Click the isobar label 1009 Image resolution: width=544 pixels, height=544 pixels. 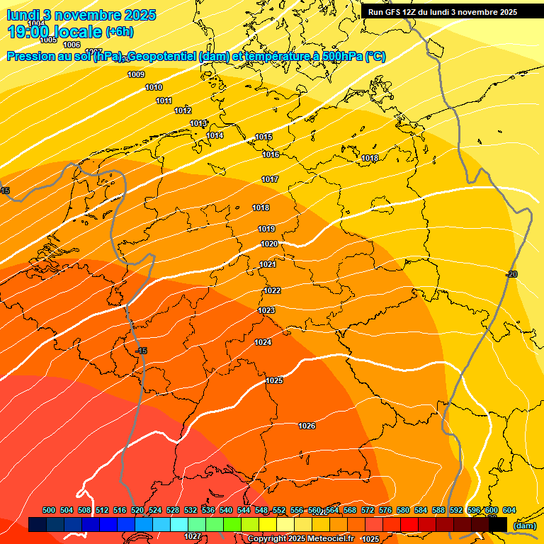click(x=136, y=74)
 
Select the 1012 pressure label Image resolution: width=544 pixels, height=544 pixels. click(x=183, y=110)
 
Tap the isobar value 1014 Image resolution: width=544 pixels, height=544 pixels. click(x=215, y=135)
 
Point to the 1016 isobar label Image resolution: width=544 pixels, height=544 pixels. click(x=271, y=154)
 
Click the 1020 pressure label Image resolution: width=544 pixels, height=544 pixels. click(x=269, y=244)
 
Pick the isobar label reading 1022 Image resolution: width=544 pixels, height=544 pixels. click(x=272, y=290)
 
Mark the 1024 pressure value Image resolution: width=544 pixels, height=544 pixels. click(x=263, y=342)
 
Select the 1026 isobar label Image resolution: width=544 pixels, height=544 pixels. click(x=307, y=426)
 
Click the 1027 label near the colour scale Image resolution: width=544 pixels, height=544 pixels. click(x=193, y=536)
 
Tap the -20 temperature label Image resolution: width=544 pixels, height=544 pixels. click(x=512, y=274)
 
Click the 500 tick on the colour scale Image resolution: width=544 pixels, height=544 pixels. click(x=49, y=510)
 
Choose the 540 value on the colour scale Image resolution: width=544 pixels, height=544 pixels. click(x=226, y=510)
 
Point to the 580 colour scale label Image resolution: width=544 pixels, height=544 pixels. click(x=403, y=510)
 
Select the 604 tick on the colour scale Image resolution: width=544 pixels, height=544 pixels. click(x=509, y=510)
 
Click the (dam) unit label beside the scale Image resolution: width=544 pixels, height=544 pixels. click(x=524, y=525)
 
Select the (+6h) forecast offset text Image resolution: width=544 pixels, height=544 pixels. click(x=119, y=32)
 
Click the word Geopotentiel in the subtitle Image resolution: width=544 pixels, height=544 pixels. click(x=164, y=57)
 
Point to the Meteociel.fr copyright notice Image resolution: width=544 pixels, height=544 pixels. click(x=300, y=539)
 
